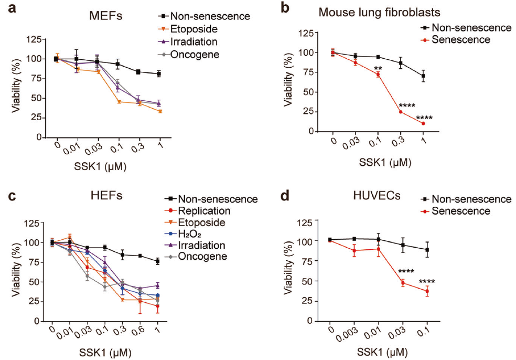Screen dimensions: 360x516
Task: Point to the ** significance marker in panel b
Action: click(x=377, y=68)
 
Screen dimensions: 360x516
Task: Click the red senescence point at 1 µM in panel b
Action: click(x=423, y=123)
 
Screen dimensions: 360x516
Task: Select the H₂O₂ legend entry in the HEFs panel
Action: click(x=192, y=234)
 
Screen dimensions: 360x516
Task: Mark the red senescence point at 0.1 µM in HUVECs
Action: click(x=427, y=291)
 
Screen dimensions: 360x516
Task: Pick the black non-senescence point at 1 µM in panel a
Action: click(x=158, y=74)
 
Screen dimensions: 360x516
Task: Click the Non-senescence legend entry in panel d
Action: click(x=467, y=199)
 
